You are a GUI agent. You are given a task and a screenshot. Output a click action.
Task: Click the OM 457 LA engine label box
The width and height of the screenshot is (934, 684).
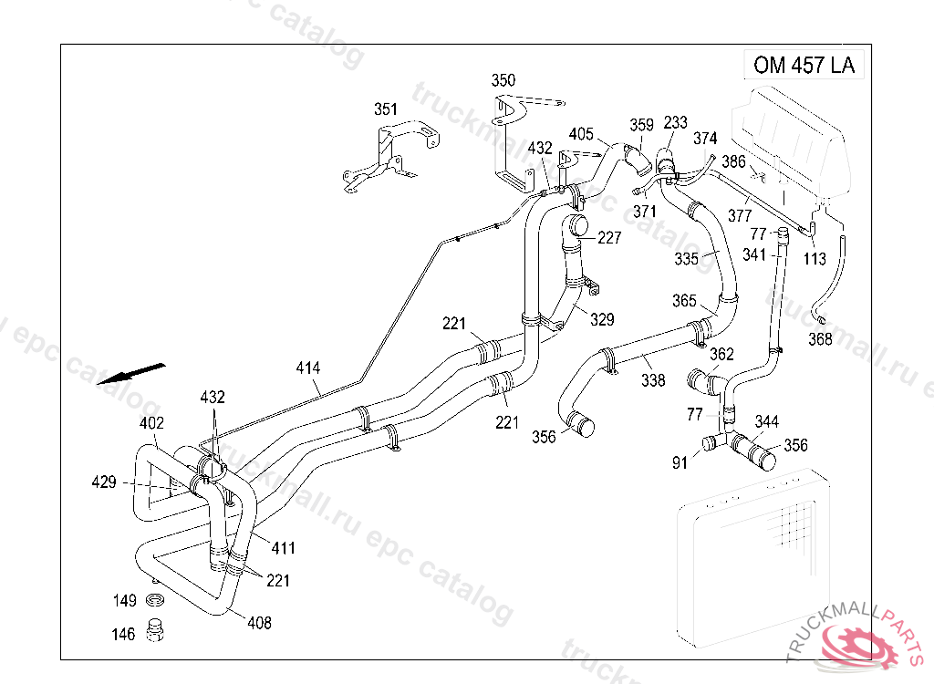coord(804,66)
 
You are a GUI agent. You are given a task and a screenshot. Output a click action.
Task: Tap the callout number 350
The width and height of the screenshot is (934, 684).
coord(503,80)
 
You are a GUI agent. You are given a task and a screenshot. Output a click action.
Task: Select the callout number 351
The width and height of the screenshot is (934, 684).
coord(386,109)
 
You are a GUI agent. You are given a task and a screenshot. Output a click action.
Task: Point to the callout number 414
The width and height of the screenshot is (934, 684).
coord(308,368)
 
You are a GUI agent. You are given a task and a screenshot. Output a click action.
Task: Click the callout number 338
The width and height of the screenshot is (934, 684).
coord(653,380)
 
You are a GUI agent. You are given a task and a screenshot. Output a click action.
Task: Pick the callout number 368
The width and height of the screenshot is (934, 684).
coord(821,339)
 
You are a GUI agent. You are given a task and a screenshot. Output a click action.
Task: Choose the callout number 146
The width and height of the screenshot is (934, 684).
coord(124,634)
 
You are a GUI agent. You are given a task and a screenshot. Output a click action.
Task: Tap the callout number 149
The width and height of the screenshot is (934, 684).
coord(124,601)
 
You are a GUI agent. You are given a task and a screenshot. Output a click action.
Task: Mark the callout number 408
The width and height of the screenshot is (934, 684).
coord(258,624)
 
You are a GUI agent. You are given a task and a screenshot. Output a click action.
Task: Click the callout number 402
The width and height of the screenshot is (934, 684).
coord(151,424)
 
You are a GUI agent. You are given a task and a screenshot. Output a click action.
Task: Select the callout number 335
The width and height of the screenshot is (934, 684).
coord(687,259)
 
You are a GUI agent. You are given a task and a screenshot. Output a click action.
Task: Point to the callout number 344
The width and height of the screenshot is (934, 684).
coord(767,421)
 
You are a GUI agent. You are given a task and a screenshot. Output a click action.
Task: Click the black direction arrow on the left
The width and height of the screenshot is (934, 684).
coord(131,374)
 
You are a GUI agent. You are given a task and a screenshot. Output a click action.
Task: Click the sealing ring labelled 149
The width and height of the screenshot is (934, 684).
coord(154,601)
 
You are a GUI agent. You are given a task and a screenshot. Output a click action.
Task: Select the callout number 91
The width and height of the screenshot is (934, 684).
coord(680,463)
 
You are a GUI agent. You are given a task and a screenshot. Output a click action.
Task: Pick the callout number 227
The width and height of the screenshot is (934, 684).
coord(609,238)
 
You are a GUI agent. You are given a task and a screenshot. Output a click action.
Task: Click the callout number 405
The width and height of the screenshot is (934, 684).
coord(581,134)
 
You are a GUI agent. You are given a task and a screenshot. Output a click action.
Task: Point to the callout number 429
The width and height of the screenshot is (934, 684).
coord(104,482)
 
